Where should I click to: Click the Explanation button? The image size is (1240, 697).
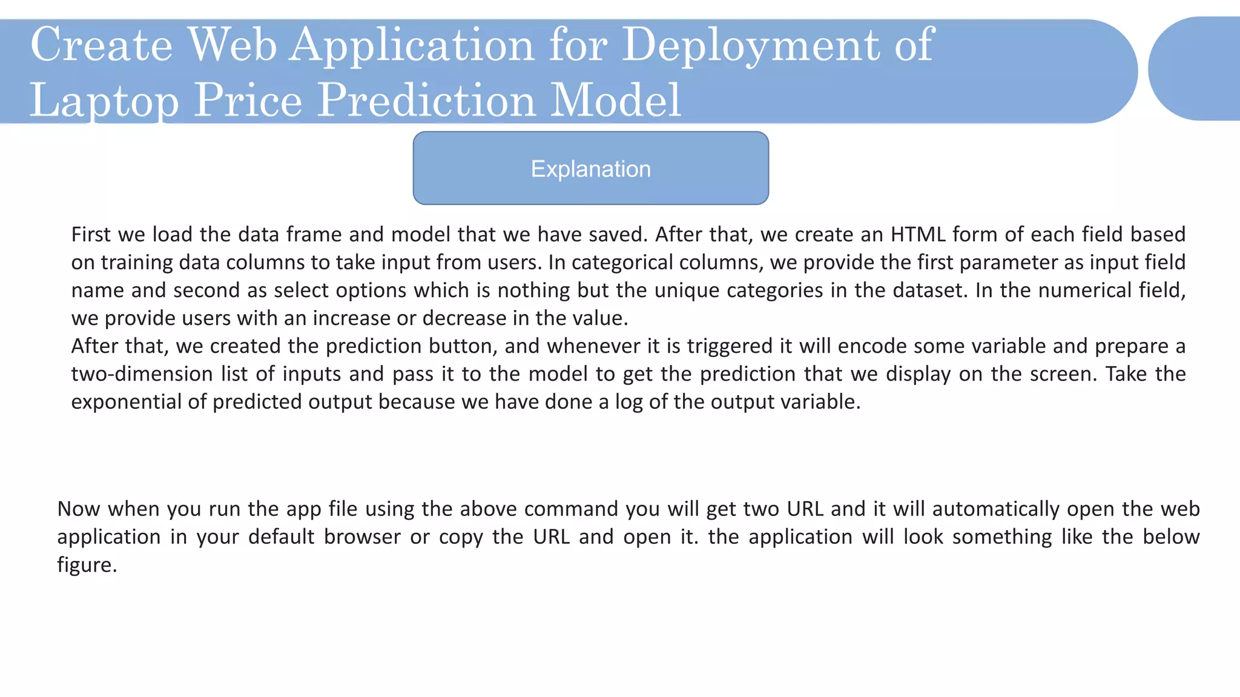[590, 169]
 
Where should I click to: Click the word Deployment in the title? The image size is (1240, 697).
[751, 45]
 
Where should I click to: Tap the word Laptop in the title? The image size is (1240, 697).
[104, 100]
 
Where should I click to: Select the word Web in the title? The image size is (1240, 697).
[232, 45]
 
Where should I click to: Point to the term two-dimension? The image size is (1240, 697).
[142, 374]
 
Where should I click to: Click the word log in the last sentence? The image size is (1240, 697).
[628, 402]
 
